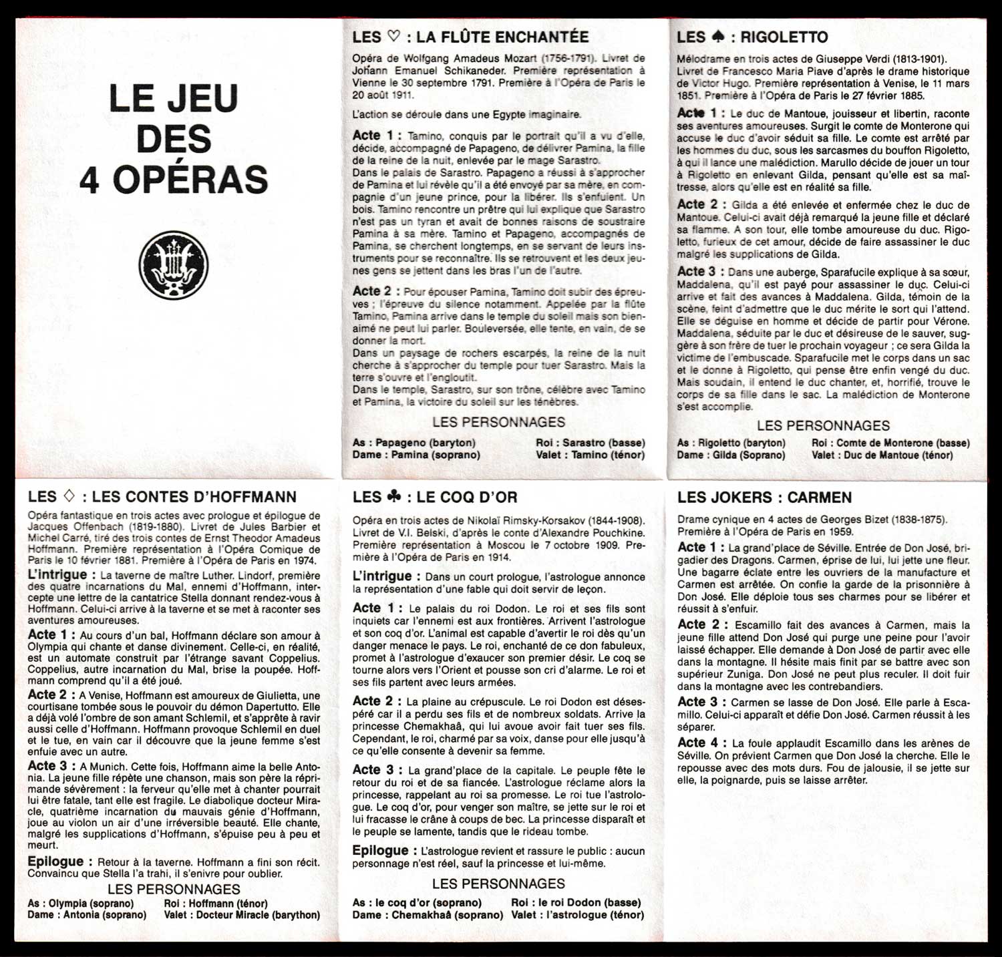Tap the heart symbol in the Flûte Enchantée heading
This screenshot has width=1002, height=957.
pos(393,37)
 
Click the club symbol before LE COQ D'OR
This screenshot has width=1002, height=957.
pos(393,496)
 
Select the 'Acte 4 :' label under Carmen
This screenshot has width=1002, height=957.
pos(701,743)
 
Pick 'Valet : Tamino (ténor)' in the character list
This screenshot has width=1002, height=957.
pos(590,455)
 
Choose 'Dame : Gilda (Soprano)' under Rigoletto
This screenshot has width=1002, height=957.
pos(731,455)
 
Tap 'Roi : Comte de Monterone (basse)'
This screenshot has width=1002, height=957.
pos(890,443)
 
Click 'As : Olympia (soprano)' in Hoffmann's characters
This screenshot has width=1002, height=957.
pos(80,904)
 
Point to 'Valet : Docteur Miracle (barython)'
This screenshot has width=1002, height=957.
pos(242,915)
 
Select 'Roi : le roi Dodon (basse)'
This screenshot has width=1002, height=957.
pos(576,903)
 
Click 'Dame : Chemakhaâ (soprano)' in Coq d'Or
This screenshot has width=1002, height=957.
pos(428,915)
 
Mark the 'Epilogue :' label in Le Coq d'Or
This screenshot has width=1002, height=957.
pos(381,851)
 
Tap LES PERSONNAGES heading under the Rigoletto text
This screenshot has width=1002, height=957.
pos(823,425)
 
